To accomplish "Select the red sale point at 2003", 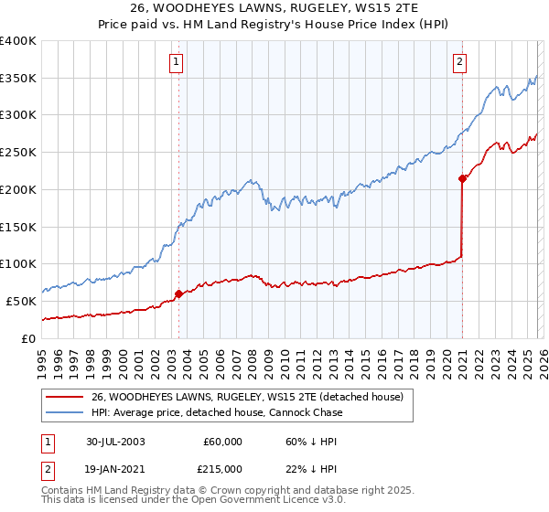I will [x=178, y=293].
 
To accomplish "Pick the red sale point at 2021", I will [x=462, y=179].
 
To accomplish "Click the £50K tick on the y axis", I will [x=21, y=301].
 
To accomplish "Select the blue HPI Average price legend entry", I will [x=217, y=413].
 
